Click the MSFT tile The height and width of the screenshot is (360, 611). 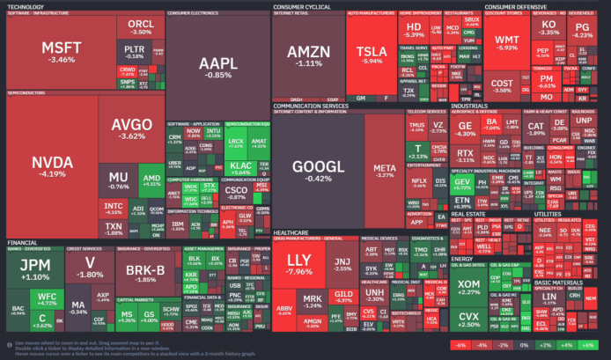(x=63, y=51)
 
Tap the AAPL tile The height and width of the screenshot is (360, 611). (x=216, y=66)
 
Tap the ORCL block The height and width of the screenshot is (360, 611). (x=139, y=26)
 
